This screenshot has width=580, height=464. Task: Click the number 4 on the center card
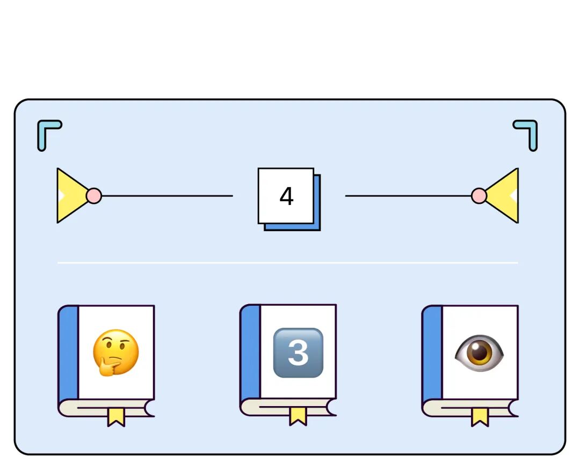(x=286, y=196)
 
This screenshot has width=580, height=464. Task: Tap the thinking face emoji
(x=115, y=353)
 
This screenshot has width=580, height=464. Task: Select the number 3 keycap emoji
(x=298, y=353)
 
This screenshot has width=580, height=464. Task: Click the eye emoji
(x=479, y=353)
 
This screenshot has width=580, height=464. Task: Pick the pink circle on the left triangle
(x=94, y=196)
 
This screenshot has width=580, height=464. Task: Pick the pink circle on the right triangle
(x=479, y=196)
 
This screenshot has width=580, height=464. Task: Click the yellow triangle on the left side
(x=70, y=196)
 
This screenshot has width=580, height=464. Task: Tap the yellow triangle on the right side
(x=505, y=196)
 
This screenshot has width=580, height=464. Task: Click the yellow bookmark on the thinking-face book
(x=116, y=416)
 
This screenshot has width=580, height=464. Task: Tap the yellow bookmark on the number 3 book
(x=298, y=416)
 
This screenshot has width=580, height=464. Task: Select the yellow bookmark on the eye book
(x=480, y=416)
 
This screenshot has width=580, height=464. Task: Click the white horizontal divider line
(x=288, y=263)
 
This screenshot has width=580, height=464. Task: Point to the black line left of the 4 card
(x=166, y=196)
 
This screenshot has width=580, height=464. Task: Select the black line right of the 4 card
(x=408, y=196)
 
